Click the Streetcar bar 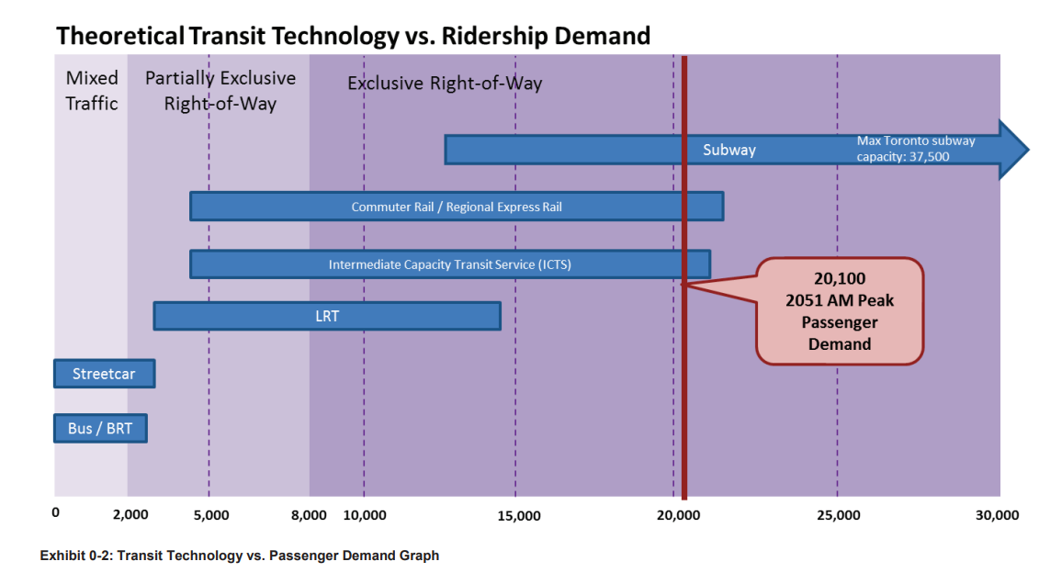pyautogui.click(x=104, y=375)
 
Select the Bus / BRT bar pyautogui.click(x=99, y=429)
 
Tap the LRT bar pyautogui.click(x=327, y=316)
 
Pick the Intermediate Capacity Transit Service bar pyautogui.click(x=450, y=264)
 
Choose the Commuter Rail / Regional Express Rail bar pyautogui.click(x=457, y=207)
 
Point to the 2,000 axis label pyautogui.click(x=130, y=515)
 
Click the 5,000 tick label pyautogui.click(x=212, y=515)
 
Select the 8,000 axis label pyautogui.click(x=309, y=515)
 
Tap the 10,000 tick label pyautogui.click(x=365, y=515)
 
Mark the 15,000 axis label pyautogui.click(x=518, y=515)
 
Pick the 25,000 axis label pyautogui.click(x=838, y=515)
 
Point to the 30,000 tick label pyautogui.click(x=997, y=515)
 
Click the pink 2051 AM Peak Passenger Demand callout pyautogui.click(x=839, y=311)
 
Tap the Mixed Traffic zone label pyautogui.click(x=92, y=91)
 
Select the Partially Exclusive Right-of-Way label pyautogui.click(x=220, y=91)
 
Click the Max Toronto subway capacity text pyautogui.click(x=915, y=149)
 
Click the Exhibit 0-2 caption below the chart pyautogui.click(x=239, y=556)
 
